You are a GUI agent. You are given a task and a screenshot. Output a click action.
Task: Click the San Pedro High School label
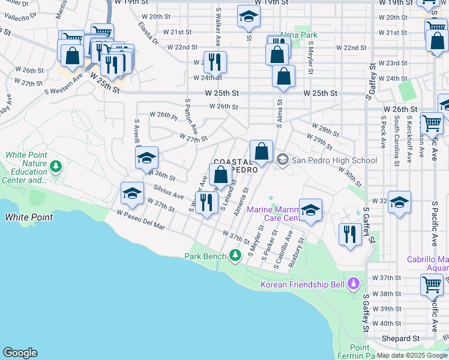[334, 160]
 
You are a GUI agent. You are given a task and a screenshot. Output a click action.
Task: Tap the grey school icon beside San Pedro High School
[283, 160]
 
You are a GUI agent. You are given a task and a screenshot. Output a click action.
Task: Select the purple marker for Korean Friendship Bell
[354, 283]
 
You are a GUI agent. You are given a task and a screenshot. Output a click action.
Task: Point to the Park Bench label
[205, 256]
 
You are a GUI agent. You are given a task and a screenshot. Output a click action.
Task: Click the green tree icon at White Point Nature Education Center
[56, 166]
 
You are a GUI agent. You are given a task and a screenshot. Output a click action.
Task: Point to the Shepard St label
[400, 338]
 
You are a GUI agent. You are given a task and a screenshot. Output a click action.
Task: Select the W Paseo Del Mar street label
[140, 219]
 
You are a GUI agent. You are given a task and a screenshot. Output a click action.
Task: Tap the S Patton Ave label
[191, 117]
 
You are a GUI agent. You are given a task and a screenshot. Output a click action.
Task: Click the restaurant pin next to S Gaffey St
[349, 233]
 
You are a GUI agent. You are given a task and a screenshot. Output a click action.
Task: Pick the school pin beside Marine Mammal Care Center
[310, 210]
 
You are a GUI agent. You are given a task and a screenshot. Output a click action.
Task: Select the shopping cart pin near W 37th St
[432, 284]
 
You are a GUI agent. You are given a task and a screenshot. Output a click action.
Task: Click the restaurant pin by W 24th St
[214, 62]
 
